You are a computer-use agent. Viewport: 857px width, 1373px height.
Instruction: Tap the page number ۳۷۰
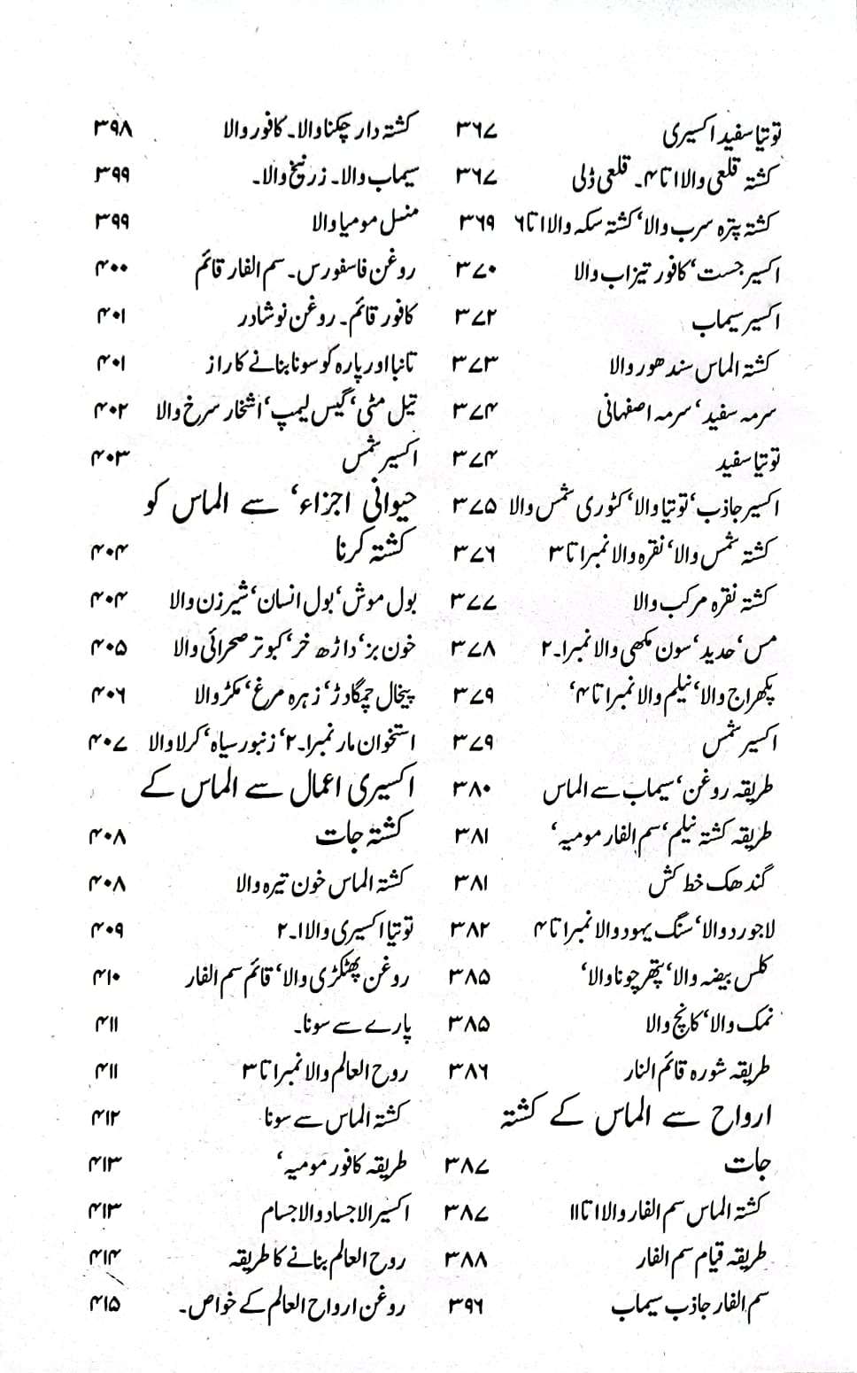478,267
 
